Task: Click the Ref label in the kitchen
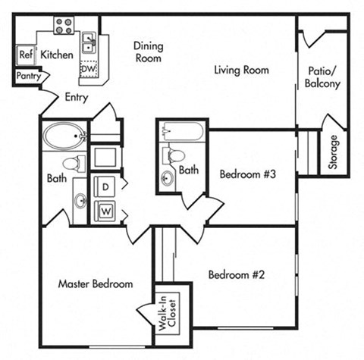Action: (25, 55)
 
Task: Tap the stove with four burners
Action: (64, 26)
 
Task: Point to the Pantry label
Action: (27, 77)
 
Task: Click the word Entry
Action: (77, 97)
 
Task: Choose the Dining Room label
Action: (148, 52)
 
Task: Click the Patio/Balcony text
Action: (322, 78)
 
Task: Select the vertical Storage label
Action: (334, 152)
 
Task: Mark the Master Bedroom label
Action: (96, 284)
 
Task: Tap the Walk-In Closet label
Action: (165, 314)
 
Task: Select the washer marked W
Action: (105, 210)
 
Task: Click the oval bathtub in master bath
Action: (64, 136)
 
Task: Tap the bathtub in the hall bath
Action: (182, 132)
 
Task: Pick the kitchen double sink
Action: (89, 42)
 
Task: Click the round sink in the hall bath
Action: (167, 177)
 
